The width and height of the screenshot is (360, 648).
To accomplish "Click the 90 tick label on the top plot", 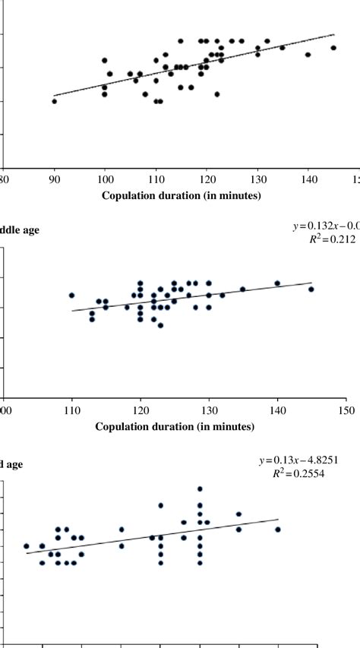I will click(54, 179).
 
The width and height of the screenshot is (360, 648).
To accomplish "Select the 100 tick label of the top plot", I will click(105, 179).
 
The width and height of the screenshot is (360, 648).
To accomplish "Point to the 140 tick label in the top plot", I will click(308, 179).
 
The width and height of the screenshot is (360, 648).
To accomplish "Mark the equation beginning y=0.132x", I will click(325, 226).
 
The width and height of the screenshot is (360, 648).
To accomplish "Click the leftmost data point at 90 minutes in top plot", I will click(54, 101).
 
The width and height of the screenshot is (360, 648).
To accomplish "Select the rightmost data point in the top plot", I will click(333, 48).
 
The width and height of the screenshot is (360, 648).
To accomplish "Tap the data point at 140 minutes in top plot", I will click(308, 55).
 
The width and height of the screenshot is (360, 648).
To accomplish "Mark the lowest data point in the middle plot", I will click(160, 325).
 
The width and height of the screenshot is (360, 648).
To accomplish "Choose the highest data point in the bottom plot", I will click(200, 489).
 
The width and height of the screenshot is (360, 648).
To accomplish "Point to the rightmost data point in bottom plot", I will click(278, 529).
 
